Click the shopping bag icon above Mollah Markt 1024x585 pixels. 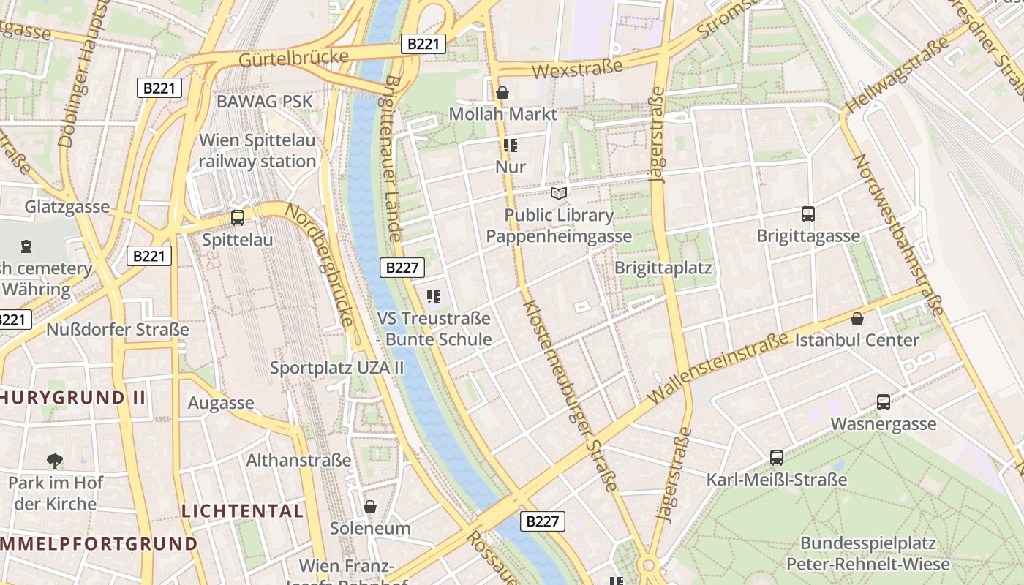tap(502, 93)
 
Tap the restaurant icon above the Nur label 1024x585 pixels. tap(510, 146)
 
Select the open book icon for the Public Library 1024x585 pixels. tap(559, 194)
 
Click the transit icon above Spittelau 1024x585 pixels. tap(238, 217)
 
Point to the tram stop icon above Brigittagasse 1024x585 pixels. tap(808, 214)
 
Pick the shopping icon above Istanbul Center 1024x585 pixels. tap(857, 319)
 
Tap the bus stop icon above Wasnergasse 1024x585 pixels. tap(884, 401)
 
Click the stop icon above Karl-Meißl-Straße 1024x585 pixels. tap(777, 458)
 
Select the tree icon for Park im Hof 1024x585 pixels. tap(55, 461)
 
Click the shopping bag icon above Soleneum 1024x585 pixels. tap(370, 507)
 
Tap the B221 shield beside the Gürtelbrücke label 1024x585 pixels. tap(423, 44)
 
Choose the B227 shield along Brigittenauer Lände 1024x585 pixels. tap(402, 267)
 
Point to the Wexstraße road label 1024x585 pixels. tap(577, 69)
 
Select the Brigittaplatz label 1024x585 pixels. tap(663, 268)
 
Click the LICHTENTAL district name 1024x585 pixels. tap(242, 510)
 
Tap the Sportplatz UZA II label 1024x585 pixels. tap(336, 368)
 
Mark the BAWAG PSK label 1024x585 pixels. tap(264, 102)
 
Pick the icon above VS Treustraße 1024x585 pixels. tap(434, 296)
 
